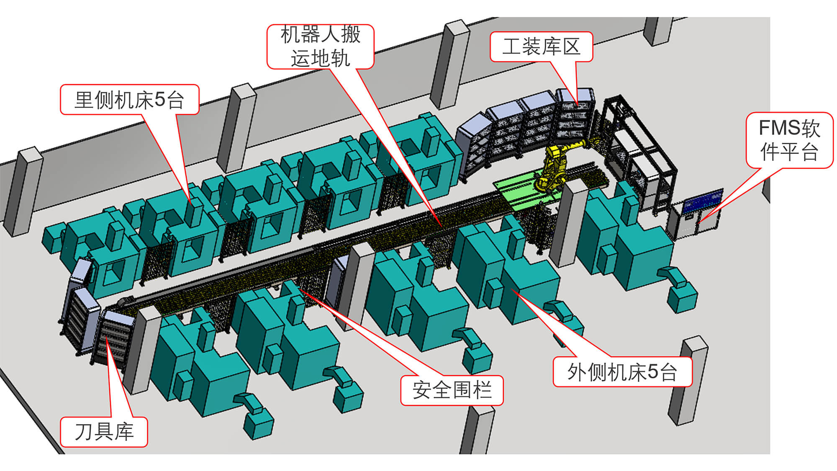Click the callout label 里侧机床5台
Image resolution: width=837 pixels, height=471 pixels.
point(129,100)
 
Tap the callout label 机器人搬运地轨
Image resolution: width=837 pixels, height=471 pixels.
point(320,46)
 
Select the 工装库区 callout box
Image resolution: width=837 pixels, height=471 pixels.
point(541,46)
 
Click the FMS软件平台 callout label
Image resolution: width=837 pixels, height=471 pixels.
point(789,140)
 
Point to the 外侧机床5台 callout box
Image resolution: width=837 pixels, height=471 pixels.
point(622,372)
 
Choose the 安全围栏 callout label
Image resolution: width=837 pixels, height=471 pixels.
point(452,390)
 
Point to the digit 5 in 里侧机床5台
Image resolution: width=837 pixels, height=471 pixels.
point(160,100)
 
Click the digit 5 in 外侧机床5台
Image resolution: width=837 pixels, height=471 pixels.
point(653,372)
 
